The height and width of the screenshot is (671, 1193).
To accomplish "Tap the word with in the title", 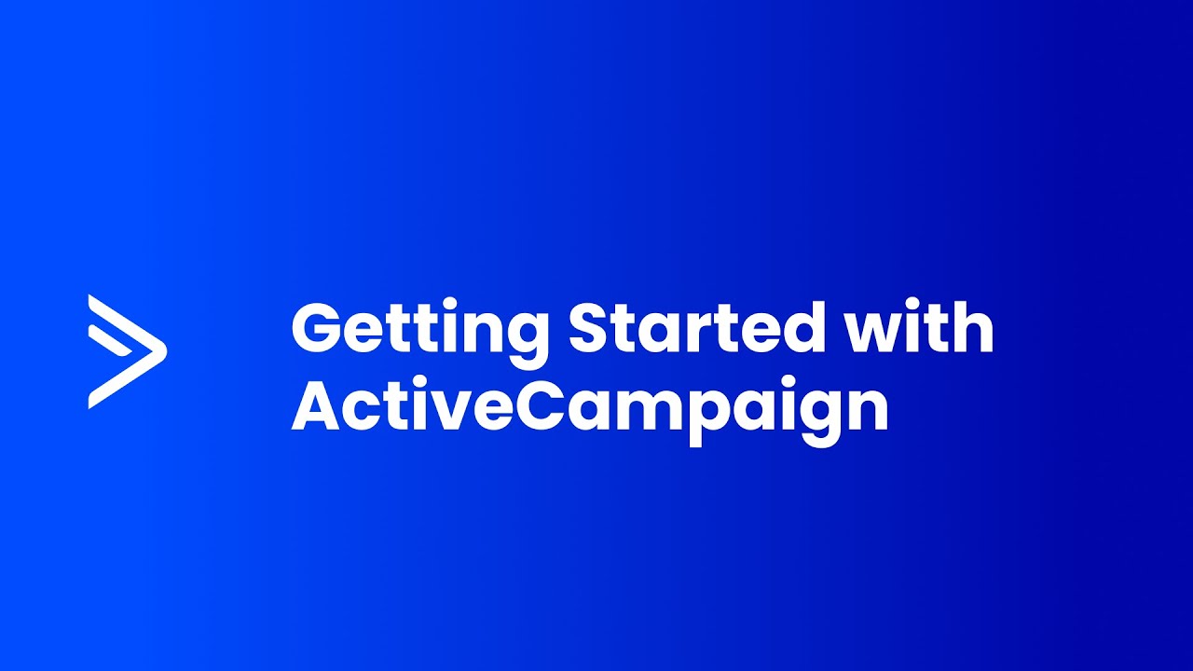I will point(920,328).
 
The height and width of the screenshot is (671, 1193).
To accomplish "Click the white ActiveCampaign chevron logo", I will point(127,351).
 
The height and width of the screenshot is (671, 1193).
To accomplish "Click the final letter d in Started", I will point(804,329).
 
